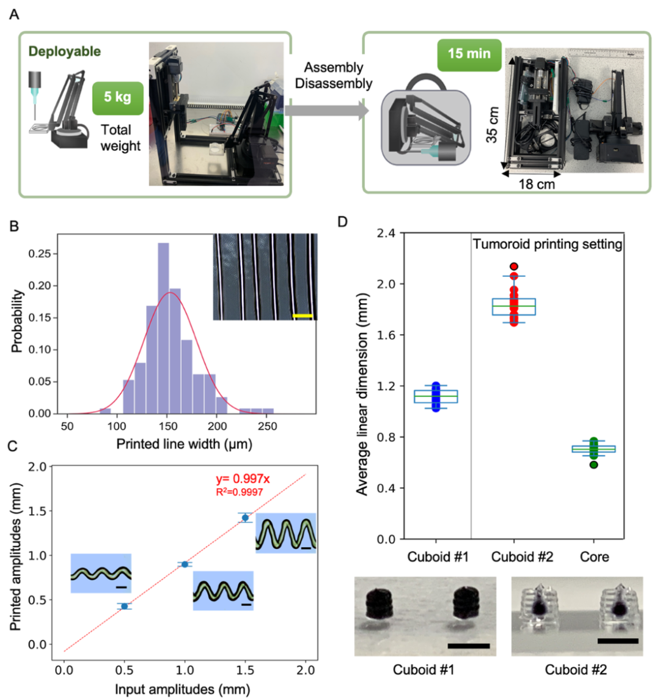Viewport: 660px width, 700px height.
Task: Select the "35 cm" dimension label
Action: pos(491,125)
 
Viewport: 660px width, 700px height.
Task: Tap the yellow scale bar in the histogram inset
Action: pos(303,316)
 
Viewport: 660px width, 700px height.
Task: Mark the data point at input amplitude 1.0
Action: pos(185,564)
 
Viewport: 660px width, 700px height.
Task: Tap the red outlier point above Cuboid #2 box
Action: pos(513,267)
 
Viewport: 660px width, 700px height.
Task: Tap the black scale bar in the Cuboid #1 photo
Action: pos(469,645)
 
